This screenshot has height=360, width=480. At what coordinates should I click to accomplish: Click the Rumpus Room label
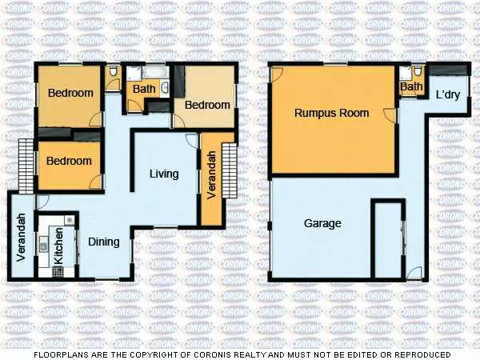click(331, 113)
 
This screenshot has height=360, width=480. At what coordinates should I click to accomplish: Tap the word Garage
click(322, 224)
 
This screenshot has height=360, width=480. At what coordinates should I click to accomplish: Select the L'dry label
click(447, 95)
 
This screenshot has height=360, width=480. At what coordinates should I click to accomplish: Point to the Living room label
click(164, 174)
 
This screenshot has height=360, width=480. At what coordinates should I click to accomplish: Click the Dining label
click(103, 242)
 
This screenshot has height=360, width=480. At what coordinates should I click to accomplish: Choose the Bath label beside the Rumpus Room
click(411, 86)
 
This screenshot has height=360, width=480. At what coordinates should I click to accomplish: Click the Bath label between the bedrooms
click(144, 89)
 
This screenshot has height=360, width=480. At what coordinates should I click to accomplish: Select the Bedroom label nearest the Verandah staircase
click(207, 105)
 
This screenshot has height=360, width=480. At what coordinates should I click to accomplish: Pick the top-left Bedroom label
click(70, 93)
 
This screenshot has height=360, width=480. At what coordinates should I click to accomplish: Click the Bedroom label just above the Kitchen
click(69, 161)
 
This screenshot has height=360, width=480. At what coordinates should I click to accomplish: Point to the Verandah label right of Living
click(210, 176)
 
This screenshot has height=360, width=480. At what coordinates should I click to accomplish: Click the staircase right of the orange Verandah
click(230, 170)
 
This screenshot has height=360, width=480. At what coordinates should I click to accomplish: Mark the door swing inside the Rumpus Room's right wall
click(390, 115)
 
